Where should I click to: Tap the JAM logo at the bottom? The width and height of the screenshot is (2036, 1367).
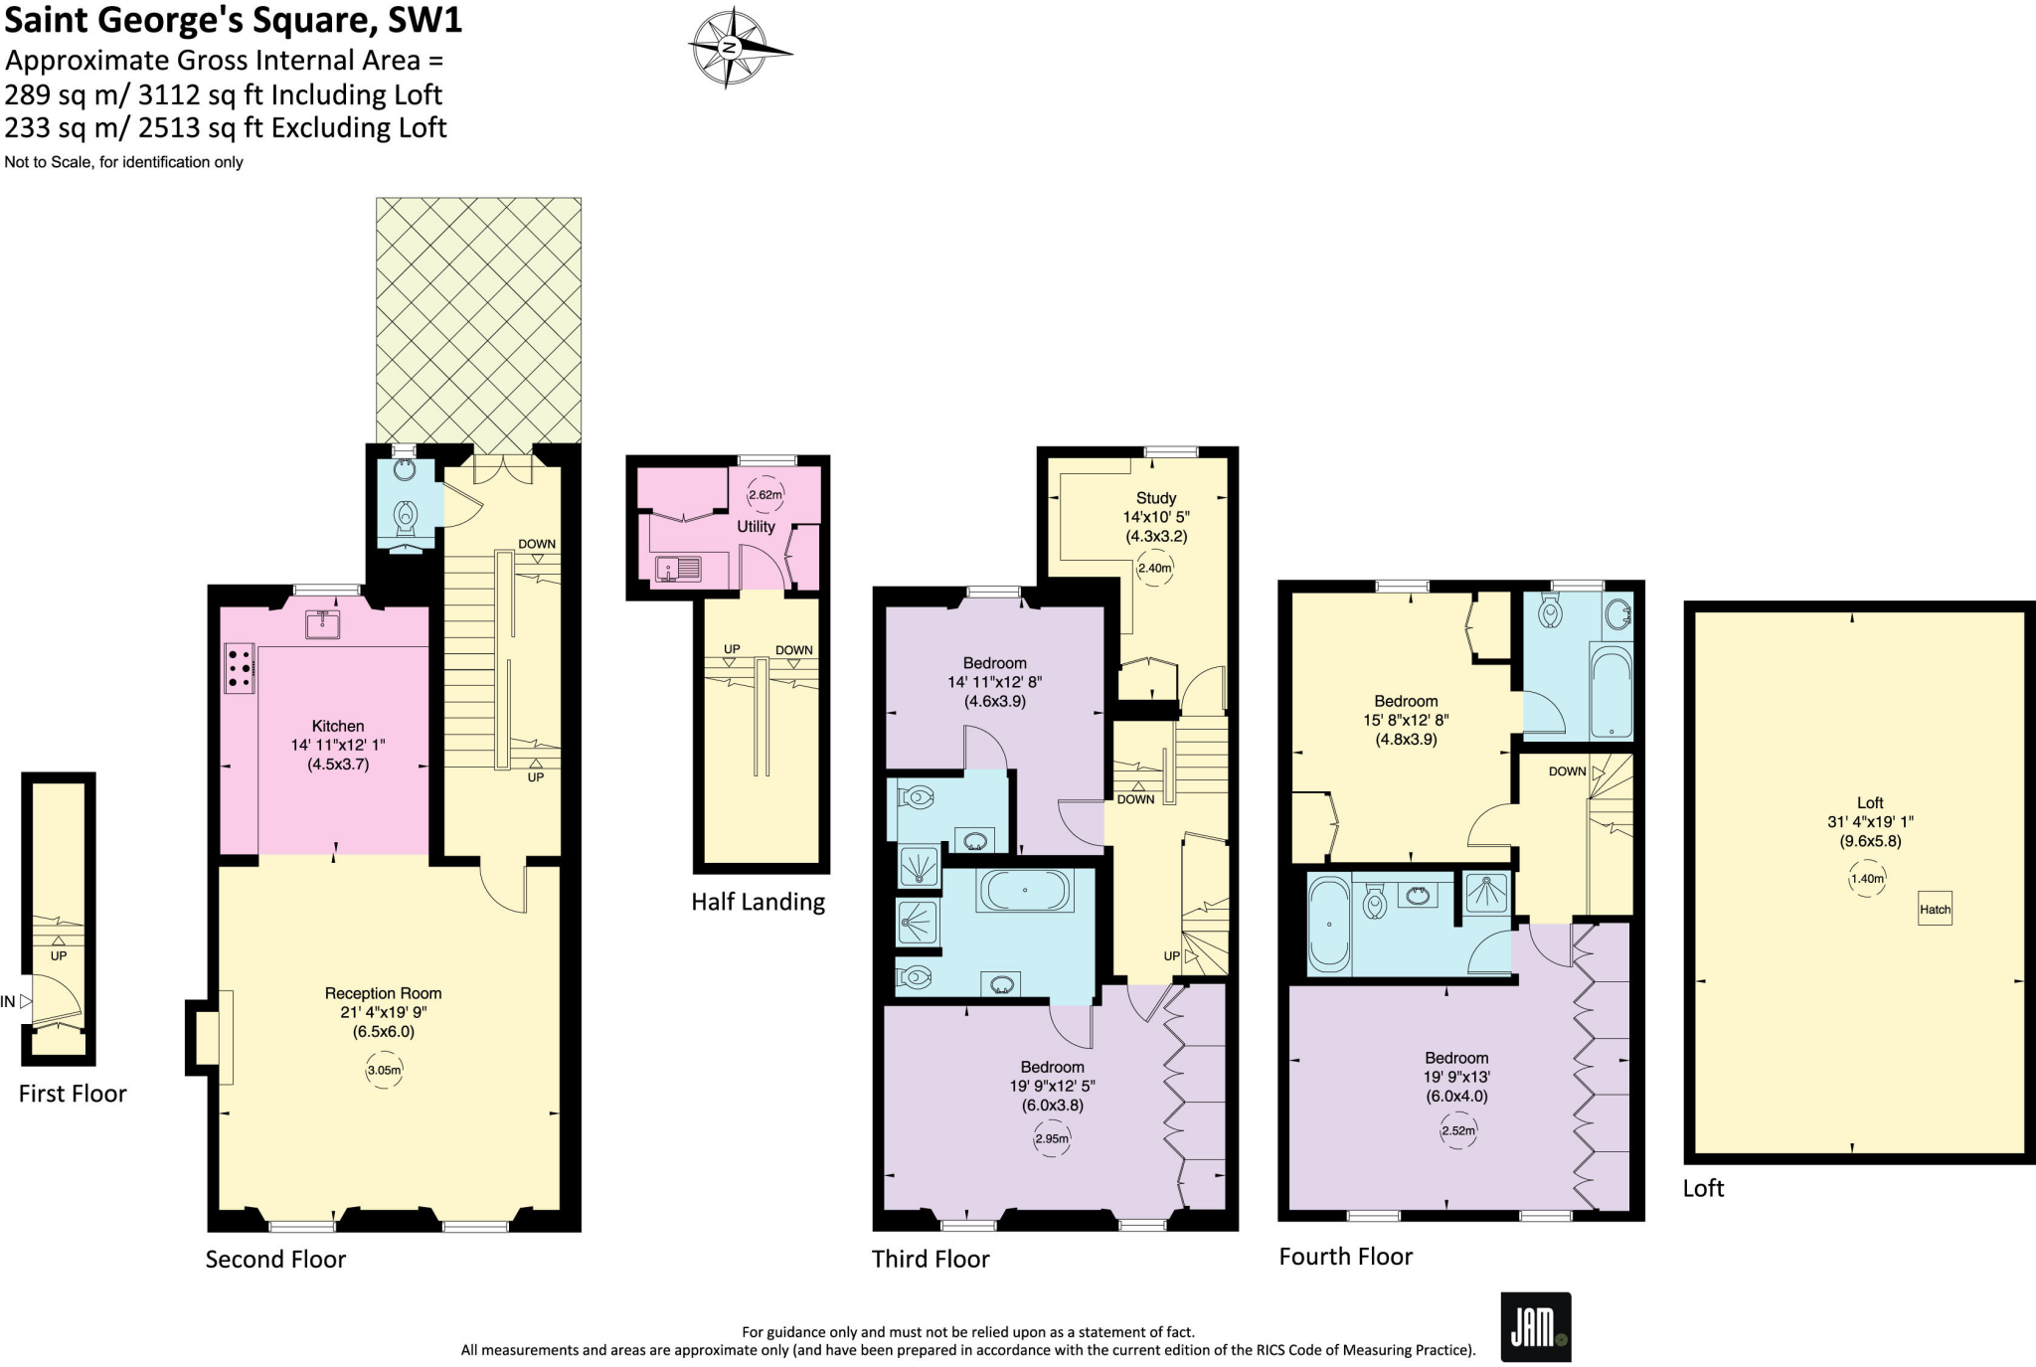[1535, 1326]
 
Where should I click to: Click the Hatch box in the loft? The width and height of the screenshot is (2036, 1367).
[1935, 909]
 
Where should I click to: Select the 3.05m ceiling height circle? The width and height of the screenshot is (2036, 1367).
[384, 1071]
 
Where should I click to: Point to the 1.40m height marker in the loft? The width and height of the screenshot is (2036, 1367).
[1867, 879]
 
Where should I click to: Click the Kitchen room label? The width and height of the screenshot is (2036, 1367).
[338, 726]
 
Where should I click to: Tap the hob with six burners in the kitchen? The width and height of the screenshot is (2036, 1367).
[240, 668]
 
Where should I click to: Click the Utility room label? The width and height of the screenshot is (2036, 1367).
[756, 526]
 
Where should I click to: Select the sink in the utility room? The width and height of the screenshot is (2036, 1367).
[678, 569]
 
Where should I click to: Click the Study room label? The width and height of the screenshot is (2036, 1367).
[1156, 497]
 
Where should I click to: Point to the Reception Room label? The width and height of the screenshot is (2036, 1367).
[383, 993]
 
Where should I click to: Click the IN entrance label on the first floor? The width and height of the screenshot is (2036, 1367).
[8, 1002]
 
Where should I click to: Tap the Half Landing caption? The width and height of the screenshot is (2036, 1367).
[759, 902]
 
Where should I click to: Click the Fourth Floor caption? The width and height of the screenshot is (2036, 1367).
[1345, 1257]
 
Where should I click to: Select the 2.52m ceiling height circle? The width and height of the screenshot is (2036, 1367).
[1458, 1130]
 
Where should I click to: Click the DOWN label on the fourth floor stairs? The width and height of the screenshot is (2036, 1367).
[1567, 771]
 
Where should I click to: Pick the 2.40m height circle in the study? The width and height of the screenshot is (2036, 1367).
[1155, 568]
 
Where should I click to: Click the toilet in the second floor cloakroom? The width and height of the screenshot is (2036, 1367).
[406, 515]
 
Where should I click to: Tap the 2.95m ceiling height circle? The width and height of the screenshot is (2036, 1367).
[1052, 1138]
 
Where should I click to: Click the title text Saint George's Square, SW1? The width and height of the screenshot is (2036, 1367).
[233, 20]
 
